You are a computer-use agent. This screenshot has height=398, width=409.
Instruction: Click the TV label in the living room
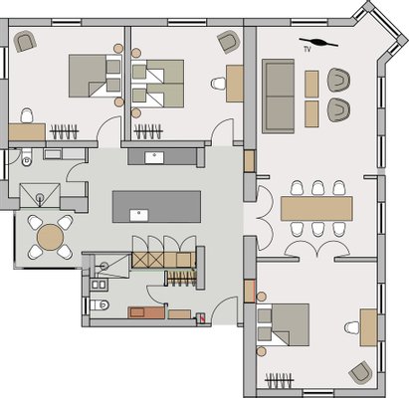[307, 50]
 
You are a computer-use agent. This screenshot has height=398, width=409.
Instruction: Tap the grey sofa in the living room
[278, 97]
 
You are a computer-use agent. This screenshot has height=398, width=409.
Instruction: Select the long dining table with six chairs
[316, 209]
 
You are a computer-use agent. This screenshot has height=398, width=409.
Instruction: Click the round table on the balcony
[50, 237]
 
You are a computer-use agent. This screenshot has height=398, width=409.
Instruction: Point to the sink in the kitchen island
[139, 216]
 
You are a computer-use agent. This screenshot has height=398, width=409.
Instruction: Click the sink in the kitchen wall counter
[154, 158]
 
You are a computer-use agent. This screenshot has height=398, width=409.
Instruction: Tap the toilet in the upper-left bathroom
[26, 157]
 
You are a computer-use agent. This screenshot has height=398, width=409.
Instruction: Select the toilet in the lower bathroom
[100, 304]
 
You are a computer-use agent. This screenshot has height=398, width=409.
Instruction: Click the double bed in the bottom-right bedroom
[284, 324]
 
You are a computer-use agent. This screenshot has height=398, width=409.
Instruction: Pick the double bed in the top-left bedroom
[95, 76]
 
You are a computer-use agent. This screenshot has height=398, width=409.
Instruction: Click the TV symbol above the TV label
[318, 43]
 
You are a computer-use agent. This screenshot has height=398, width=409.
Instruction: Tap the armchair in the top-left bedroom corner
[25, 41]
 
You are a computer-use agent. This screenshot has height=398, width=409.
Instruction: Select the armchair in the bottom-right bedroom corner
[360, 373]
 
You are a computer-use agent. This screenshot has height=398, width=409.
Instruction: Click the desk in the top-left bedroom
[27, 132]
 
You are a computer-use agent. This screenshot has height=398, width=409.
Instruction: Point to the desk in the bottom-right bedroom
[368, 327]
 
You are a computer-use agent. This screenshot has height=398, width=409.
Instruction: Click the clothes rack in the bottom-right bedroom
[280, 380]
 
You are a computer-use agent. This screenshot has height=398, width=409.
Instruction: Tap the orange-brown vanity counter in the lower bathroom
[146, 312]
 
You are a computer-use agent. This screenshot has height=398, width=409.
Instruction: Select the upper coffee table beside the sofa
[311, 84]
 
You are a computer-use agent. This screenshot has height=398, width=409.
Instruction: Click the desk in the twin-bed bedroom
[235, 84]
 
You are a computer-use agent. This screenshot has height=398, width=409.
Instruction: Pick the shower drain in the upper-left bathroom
[40, 197]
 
